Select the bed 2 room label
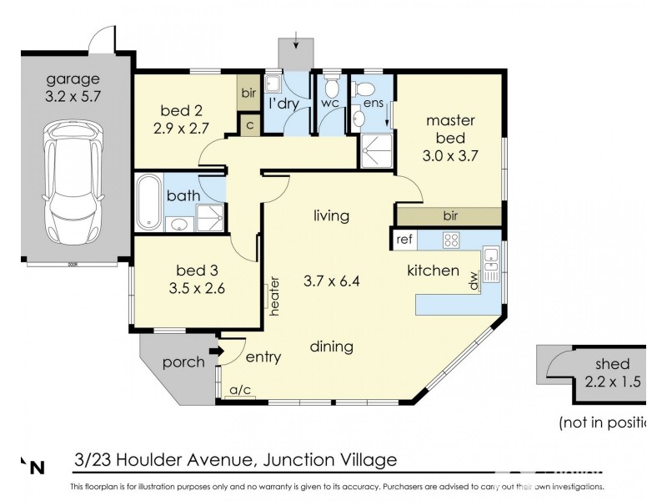[x=181, y=110]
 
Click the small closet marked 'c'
[x=248, y=124]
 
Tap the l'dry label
[x=283, y=104]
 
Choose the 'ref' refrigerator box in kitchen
[x=404, y=240]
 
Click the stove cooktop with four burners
[x=451, y=240]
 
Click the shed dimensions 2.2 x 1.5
[x=612, y=382]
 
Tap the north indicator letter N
[x=37, y=468]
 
